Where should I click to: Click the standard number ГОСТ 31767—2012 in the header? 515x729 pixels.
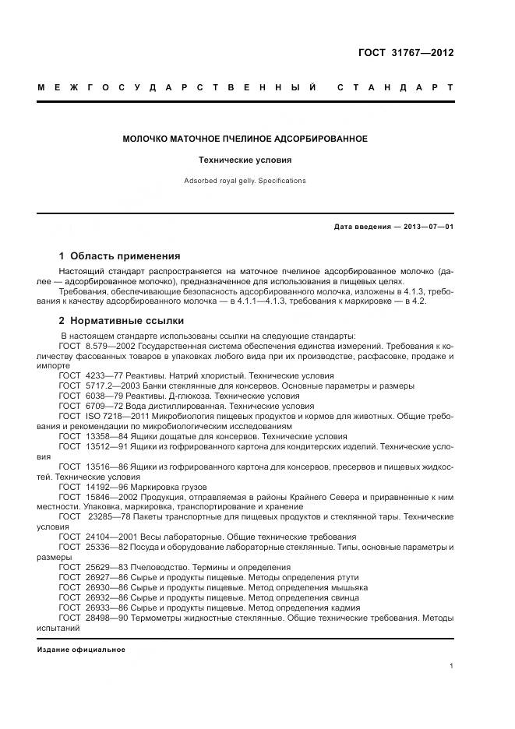point(405,54)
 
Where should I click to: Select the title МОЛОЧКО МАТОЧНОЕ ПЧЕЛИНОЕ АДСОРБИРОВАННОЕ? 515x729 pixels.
point(245,139)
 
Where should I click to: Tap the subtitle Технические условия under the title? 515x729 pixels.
point(245,160)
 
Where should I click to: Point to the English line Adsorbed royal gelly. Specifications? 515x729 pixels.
point(245,181)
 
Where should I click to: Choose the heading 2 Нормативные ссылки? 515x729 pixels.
point(121,320)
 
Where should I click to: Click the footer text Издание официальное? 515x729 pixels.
point(81,650)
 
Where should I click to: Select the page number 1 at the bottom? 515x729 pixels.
point(451,666)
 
